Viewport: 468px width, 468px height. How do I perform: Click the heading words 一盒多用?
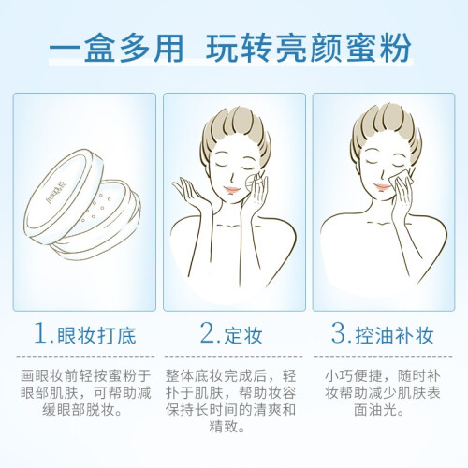click(117, 49)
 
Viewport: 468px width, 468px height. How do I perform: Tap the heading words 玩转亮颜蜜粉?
click(308, 49)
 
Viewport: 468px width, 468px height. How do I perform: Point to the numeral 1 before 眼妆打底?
click(41, 333)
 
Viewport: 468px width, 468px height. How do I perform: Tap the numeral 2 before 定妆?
click(208, 333)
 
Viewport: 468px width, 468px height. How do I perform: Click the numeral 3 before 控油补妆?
click(339, 333)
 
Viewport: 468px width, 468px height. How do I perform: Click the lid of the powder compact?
click(64, 195)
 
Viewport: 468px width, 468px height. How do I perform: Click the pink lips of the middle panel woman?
click(232, 189)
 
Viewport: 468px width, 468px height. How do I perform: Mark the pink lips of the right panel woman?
click(382, 187)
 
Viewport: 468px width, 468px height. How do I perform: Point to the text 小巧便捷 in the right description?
click(353, 376)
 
